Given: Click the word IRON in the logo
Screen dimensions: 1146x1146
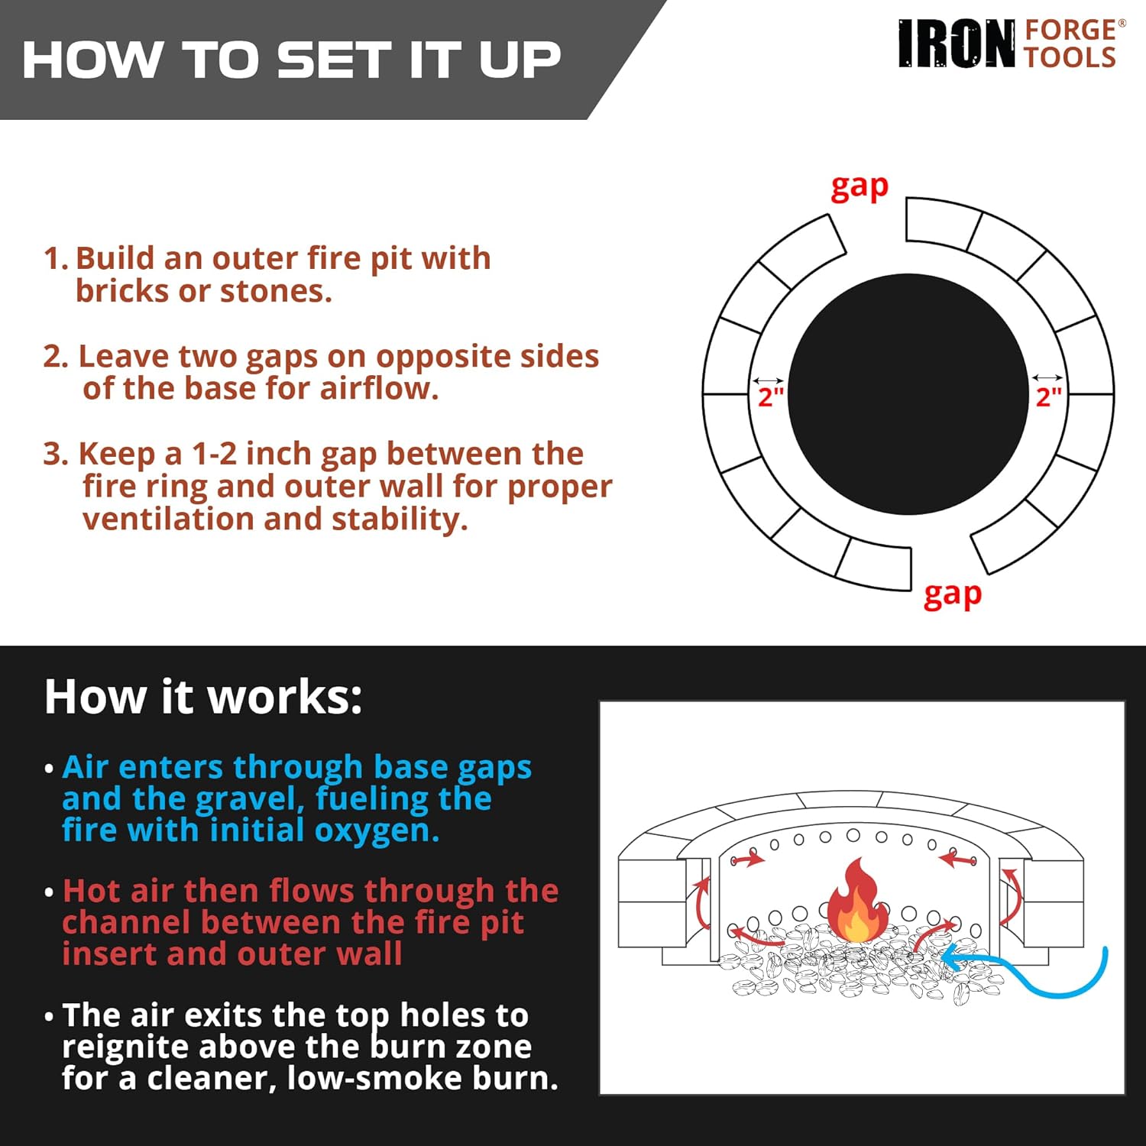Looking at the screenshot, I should [957, 44].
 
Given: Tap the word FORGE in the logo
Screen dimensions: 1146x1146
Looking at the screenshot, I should [1070, 30].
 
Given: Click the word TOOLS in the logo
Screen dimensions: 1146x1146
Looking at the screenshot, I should [1070, 58].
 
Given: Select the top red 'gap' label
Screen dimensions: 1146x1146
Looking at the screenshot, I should [859, 187].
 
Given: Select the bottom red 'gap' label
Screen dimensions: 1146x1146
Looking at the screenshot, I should [952, 594].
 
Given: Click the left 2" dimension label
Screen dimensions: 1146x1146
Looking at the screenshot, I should [770, 397].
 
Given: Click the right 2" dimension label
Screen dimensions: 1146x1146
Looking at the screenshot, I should [1048, 397].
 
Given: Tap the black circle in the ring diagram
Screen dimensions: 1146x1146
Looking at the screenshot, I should [908, 393].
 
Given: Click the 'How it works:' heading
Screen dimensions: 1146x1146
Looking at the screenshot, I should [203, 697].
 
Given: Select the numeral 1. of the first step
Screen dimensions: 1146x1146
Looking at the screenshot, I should [56, 258].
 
